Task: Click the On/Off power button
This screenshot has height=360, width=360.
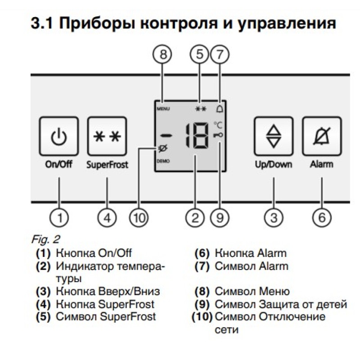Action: (x=58, y=136)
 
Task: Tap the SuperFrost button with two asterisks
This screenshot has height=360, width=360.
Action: (x=107, y=136)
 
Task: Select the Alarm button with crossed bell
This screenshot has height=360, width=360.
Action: (x=321, y=136)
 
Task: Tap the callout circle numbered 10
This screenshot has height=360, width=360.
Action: (x=139, y=218)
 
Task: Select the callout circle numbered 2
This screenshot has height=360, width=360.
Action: (x=195, y=218)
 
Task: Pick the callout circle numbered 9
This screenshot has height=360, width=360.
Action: (x=220, y=218)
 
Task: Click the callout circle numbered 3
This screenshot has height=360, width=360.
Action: (x=274, y=218)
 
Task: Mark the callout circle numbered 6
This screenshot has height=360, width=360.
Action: (x=322, y=218)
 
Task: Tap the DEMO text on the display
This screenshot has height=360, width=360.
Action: (x=163, y=161)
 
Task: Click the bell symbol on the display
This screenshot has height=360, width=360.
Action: (x=220, y=108)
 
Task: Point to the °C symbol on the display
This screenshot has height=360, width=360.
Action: (x=218, y=126)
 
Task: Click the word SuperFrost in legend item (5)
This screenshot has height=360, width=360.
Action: (x=128, y=316)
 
